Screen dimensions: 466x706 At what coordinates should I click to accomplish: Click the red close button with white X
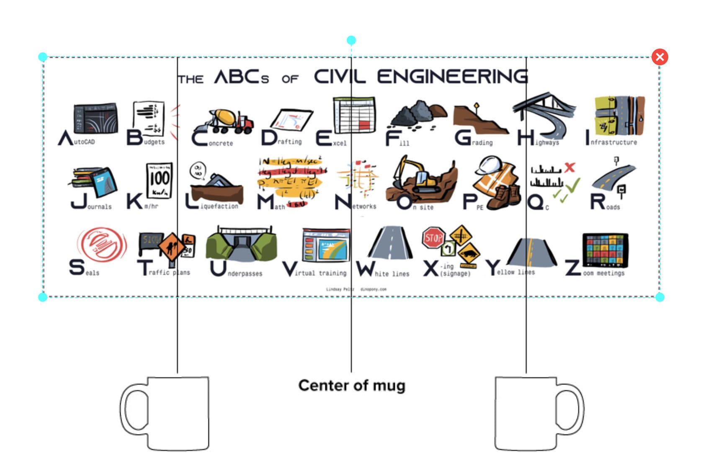(x=660, y=57)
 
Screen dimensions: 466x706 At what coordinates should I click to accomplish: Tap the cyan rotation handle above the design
(x=351, y=40)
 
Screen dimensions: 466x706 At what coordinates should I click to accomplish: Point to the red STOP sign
(x=433, y=238)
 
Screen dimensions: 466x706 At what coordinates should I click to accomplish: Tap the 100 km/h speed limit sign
(x=159, y=180)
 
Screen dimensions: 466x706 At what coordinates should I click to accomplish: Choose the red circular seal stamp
(x=102, y=244)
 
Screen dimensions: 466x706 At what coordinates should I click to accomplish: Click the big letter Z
(x=572, y=268)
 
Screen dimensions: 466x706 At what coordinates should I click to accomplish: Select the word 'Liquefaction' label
(x=219, y=206)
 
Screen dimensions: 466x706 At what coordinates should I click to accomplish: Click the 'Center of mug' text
(x=352, y=385)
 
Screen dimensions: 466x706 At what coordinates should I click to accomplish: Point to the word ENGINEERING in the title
(x=452, y=77)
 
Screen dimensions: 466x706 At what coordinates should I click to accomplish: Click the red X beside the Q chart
(x=569, y=167)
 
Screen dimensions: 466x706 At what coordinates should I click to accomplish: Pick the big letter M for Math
(x=265, y=202)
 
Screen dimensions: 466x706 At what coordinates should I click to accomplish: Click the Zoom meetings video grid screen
(x=605, y=250)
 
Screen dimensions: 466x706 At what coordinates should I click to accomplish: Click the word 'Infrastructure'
(x=614, y=142)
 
